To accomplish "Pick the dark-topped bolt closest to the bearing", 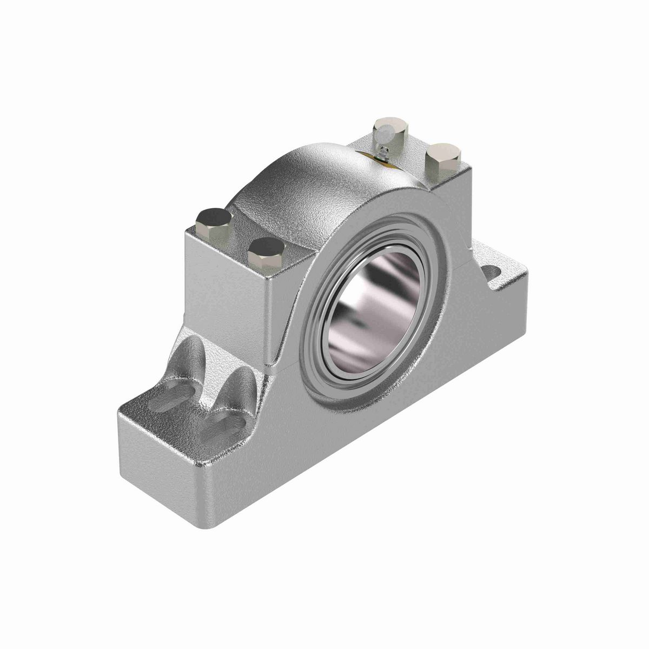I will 266,250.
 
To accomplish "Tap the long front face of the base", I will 379,449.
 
